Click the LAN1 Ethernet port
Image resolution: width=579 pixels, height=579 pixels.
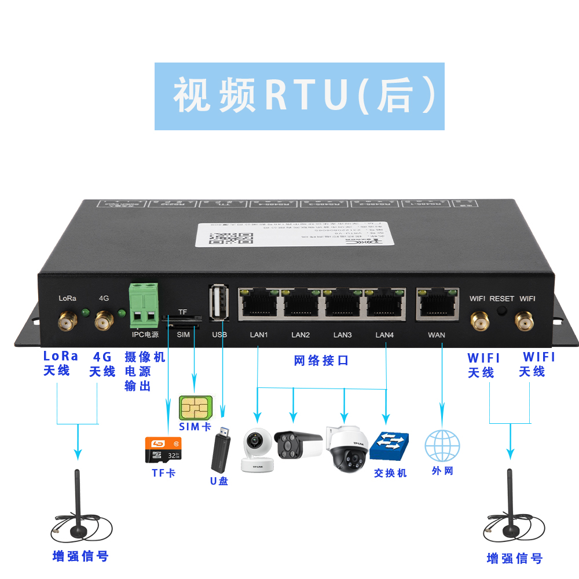pos(259,303)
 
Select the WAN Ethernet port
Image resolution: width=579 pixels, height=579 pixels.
pos(437,303)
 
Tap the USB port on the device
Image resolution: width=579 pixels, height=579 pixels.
pos(219,302)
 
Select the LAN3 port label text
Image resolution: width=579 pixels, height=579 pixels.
pos(343,335)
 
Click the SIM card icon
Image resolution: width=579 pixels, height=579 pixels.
pos(194,408)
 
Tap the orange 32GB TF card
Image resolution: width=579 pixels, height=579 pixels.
pos(163,449)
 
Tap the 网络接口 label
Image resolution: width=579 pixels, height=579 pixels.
pos(321,361)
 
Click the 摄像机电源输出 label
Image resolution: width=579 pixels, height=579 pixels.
pos(145,371)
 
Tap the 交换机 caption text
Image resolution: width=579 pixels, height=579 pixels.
pos(390,473)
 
